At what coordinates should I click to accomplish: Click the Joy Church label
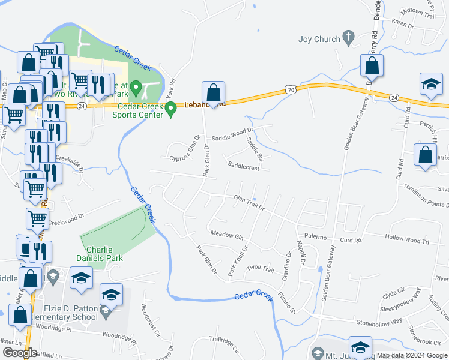click(x=319, y=40)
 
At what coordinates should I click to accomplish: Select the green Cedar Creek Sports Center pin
click(x=171, y=109)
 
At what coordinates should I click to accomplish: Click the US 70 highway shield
click(x=291, y=89)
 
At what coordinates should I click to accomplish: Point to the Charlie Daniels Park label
click(x=104, y=254)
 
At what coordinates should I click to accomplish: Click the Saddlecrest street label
click(x=243, y=169)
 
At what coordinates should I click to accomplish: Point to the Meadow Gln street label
click(x=226, y=235)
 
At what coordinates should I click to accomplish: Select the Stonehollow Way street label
click(x=379, y=322)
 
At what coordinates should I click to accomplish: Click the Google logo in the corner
click(x=20, y=353)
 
